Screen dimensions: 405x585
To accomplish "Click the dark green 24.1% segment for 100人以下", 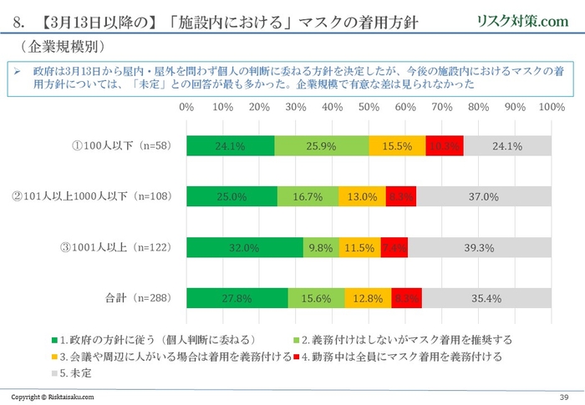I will [231, 145].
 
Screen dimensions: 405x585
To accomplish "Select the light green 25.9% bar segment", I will [321, 145].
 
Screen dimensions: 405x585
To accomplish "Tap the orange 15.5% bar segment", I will [396, 145].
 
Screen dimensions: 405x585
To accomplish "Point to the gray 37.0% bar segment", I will [484, 196].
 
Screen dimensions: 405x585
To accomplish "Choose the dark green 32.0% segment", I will [245, 247].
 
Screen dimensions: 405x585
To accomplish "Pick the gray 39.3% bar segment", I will [480, 247].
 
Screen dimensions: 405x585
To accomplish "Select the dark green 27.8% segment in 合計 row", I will [237, 298].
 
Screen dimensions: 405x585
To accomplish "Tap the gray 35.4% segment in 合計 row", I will [486, 298].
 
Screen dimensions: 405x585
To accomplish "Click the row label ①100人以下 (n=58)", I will [122, 145].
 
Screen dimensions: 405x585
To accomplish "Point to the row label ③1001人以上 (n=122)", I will [117, 247].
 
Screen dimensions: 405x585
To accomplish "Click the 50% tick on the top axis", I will [369, 108].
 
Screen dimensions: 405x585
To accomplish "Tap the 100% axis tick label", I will [551, 108].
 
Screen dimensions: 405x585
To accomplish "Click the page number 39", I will [562, 396].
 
